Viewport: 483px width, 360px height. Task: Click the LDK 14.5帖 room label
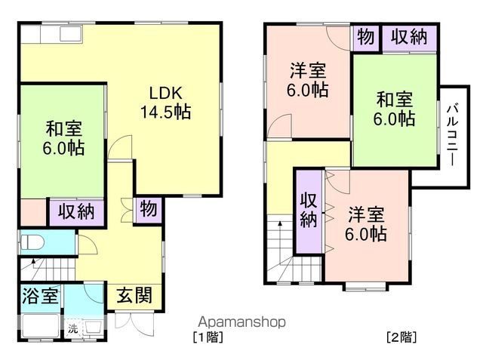pos(164,103)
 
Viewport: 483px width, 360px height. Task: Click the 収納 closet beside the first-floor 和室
pos(76,212)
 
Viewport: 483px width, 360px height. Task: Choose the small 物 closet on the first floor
pos(148,210)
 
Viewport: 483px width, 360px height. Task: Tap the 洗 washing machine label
pos(73,329)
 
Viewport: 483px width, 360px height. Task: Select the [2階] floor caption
pos(401,336)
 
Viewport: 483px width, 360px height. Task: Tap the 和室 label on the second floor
pos(395,108)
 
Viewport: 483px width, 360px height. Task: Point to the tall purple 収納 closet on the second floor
pos(308,210)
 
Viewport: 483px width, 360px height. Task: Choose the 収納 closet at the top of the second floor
pos(408,38)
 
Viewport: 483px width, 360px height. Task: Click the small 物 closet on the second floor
pos(365,38)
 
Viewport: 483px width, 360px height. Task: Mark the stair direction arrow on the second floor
pos(278,224)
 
